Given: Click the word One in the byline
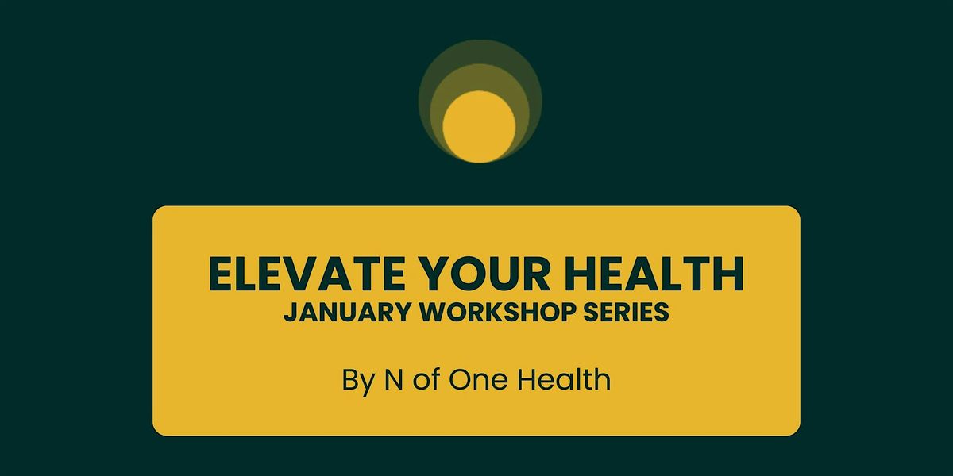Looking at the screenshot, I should click(479, 379).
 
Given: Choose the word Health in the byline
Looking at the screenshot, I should click(565, 379).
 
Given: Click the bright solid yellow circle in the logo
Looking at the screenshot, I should click(479, 126).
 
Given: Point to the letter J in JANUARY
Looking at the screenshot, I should click(288, 313).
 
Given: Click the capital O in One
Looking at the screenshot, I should click(460, 379).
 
